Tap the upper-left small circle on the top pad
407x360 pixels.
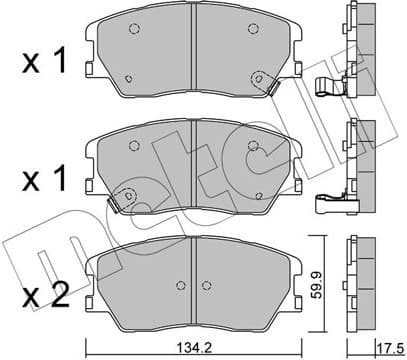click(x=135, y=33)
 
